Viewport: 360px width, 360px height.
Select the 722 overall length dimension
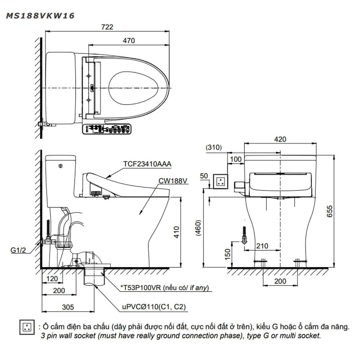click(107, 27)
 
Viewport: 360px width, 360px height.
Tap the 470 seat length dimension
click(129, 41)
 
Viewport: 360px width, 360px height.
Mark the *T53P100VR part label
click(165, 288)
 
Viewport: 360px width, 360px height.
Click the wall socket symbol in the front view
click(221, 181)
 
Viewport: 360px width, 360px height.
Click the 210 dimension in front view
click(262, 246)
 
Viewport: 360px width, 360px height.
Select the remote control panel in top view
click(107, 129)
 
